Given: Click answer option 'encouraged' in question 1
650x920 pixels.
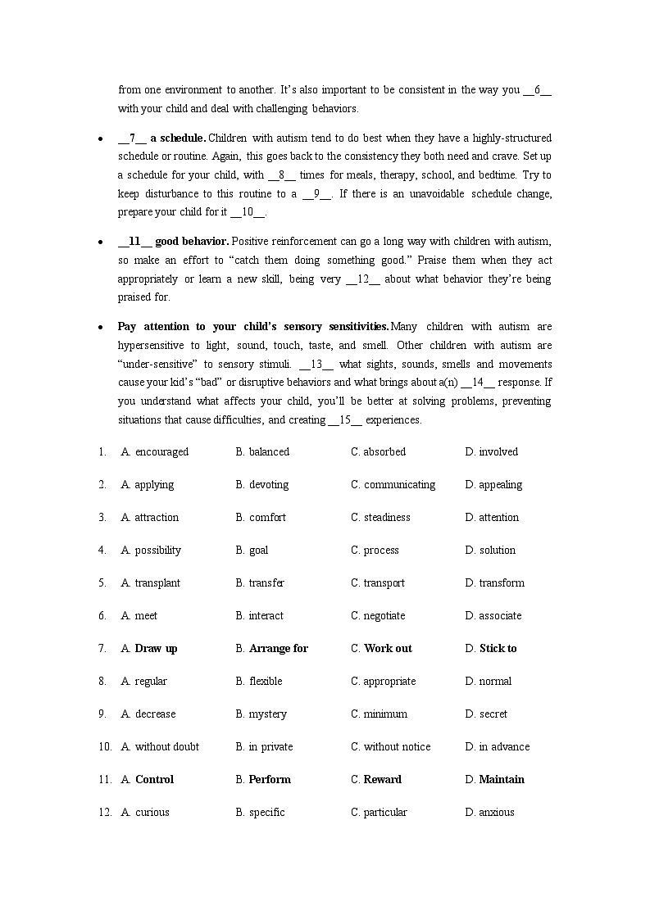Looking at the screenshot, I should click(x=161, y=452).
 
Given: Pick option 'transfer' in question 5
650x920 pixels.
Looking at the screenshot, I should click(x=266, y=583).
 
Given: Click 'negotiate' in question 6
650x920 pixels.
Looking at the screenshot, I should click(x=384, y=616).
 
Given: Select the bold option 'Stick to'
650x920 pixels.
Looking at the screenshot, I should click(x=498, y=649).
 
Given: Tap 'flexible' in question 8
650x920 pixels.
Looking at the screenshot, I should click(x=266, y=682).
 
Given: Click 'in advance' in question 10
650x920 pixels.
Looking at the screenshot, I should click(x=504, y=747).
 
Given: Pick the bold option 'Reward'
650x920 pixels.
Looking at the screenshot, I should click(x=382, y=780).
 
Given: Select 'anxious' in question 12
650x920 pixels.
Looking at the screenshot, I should click(x=497, y=813).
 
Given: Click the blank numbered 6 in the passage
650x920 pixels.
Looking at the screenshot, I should click(x=537, y=90).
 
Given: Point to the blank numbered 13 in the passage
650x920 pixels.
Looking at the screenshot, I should click(x=316, y=365).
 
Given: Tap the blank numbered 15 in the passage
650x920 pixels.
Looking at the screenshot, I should click(x=345, y=420).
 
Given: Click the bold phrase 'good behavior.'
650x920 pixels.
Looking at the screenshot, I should click(x=192, y=242).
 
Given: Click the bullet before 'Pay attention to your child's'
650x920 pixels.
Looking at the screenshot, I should click(x=100, y=327).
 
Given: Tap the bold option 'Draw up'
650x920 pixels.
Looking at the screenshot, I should click(x=156, y=649).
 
